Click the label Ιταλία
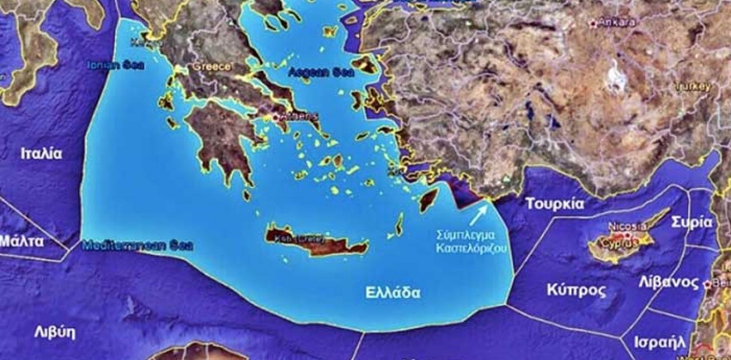click(x=41, y=154)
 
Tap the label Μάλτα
click(x=21, y=241)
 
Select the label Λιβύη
click(x=55, y=333)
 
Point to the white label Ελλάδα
click(x=393, y=293)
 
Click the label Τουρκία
click(x=555, y=204)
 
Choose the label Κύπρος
click(x=576, y=290)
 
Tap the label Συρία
click(x=692, y=222)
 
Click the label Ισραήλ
click(x=660, y=342)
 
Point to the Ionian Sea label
click(x=115, y=65)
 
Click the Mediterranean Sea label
click(x=137, y=246)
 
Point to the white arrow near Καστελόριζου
click(x=479, y=215)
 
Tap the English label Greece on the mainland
click(x=211, y=67)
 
